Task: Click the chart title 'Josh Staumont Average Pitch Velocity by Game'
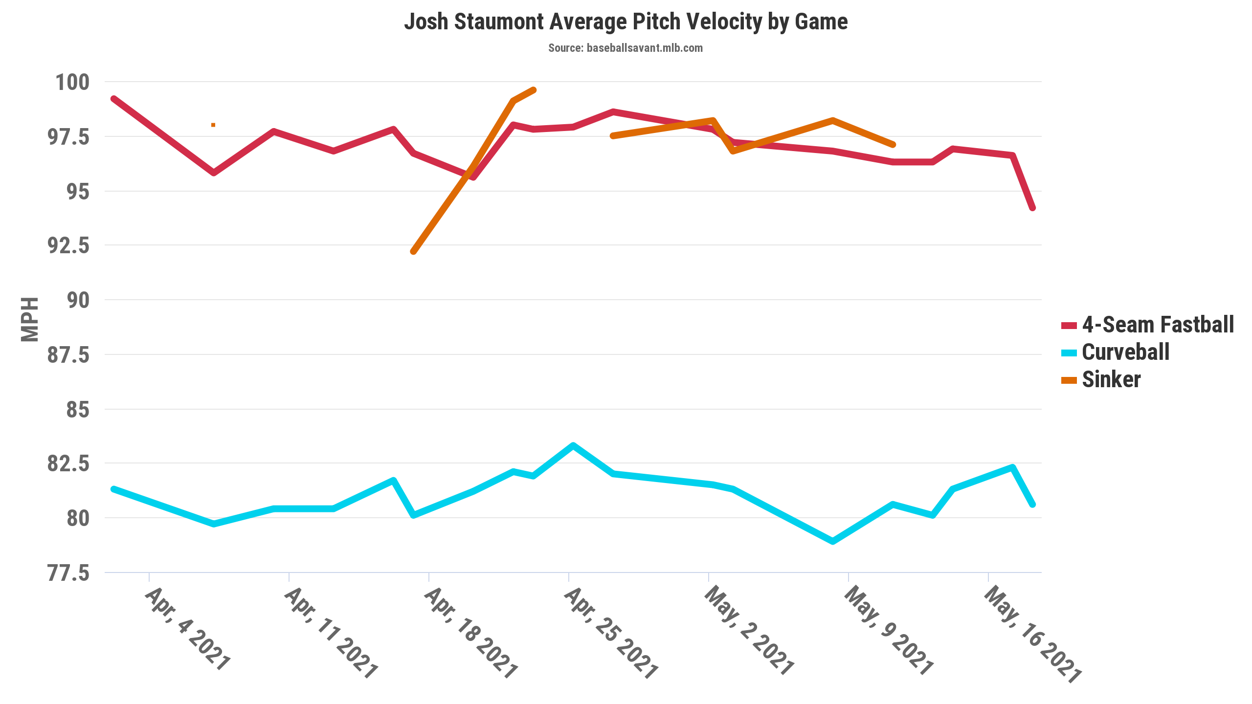626,22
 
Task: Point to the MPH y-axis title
30,319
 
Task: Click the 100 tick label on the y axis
72,82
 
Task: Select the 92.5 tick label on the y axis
68,245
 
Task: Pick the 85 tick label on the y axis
78,409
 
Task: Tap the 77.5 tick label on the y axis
68,573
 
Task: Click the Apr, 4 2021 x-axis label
187,629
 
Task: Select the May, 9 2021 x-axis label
888,631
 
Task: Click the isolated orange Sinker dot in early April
213,125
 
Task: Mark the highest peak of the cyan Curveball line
573,445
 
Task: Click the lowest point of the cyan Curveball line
833,541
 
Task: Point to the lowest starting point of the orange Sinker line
414,251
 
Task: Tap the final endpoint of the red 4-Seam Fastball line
1032,208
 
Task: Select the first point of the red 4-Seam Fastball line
113,99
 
